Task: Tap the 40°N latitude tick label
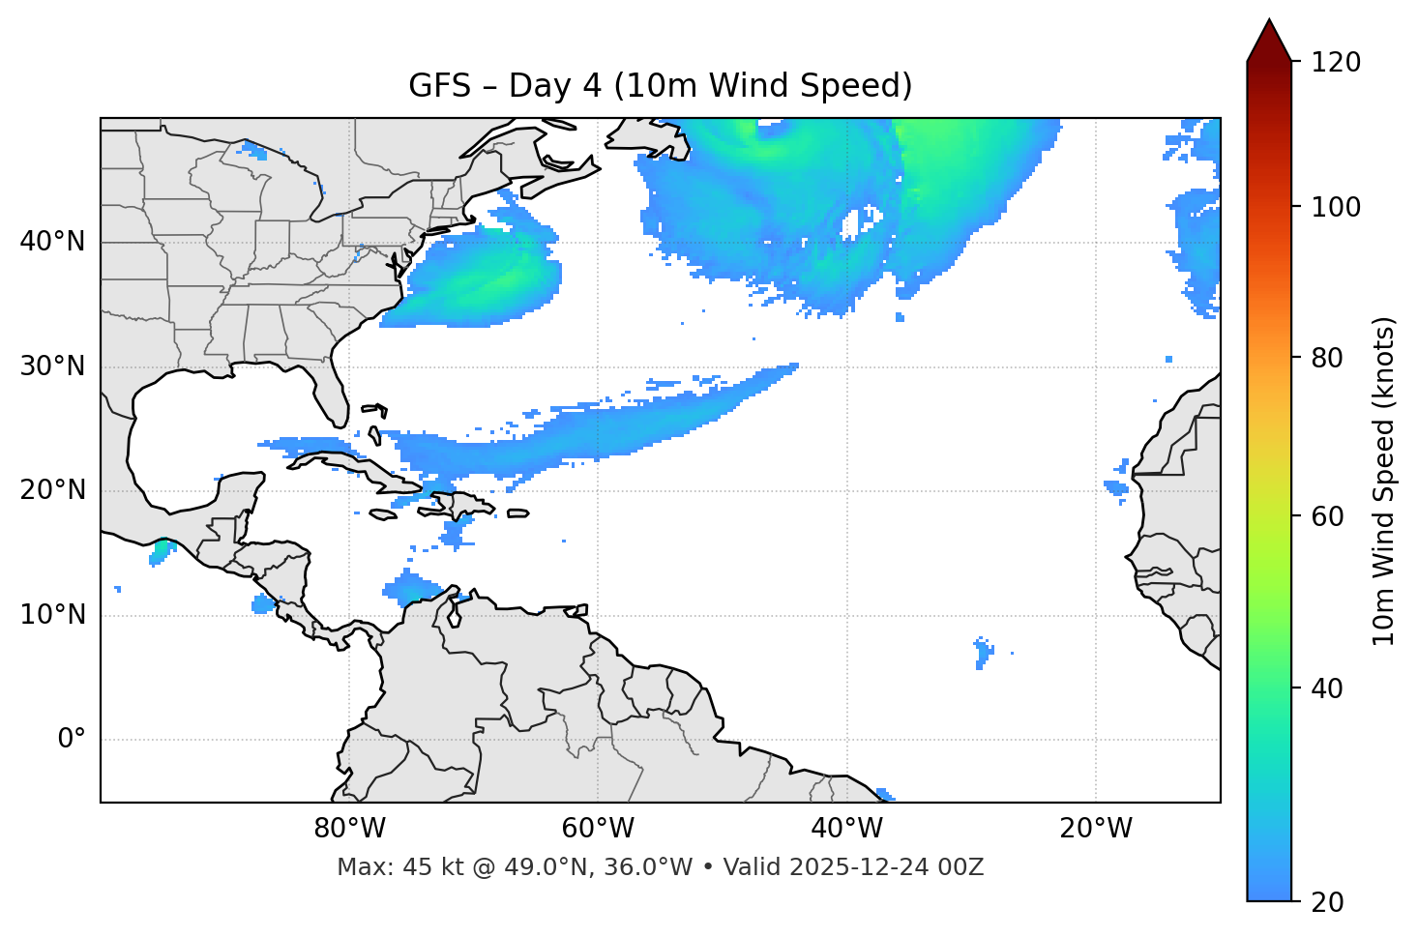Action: [52, 242]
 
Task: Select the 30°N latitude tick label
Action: [52, 366]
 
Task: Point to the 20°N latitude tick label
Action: [52, 490]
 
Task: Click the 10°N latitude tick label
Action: [52, 615]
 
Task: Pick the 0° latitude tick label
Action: [72, 740]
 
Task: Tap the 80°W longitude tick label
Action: [349, 829]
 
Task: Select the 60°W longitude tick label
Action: [598, 829]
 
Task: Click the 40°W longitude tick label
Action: [846, 829]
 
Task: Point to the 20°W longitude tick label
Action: [1095, 829]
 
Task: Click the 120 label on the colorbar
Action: [1336, 63]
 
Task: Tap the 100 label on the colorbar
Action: [1336, 207]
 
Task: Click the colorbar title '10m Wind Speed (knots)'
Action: [1384, 482]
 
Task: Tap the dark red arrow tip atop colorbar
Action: [1269, 39]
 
